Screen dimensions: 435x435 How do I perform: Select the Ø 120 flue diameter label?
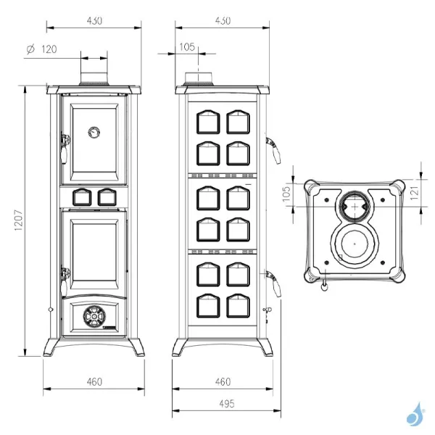(x=41, y=49)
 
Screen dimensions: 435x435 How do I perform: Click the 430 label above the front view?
(x=94, y=20)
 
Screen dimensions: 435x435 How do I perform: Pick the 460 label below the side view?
(x=223, y=381)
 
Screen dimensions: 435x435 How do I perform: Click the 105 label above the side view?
(x=186, y=46)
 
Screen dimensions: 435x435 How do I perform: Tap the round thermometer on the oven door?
(x=94, y=132)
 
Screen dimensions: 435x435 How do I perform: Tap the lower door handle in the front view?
(x=65, y=280)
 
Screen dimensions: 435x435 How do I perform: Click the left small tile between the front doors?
(x=80, y=195)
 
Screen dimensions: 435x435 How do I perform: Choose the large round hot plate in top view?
(x=354, y=244)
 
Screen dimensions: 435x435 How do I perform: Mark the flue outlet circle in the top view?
(x=354, y=206)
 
